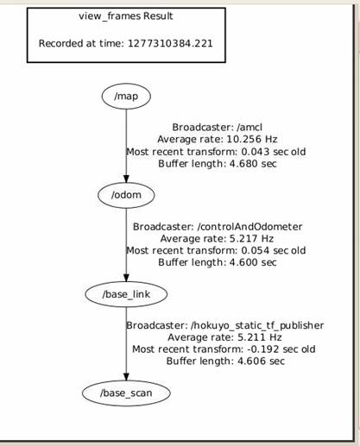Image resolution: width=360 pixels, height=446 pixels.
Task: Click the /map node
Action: (x=126, y=97)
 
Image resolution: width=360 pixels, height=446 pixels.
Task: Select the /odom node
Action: (x=126, y=195)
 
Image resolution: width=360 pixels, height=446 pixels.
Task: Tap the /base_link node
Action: (x=126, y=294)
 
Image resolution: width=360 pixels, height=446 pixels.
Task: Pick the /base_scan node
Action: (x=126, y=393)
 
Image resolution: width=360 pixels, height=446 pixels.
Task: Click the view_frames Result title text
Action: (x=126, y=16)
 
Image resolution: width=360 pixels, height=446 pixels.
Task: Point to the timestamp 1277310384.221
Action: (x=170, y=43)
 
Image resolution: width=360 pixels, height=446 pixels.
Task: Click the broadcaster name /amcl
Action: (x=244, y=127)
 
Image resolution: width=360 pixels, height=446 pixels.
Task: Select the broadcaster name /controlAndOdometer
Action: (x=249, y=227)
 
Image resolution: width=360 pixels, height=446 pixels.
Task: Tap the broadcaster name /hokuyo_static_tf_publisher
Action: (x=257, y=325)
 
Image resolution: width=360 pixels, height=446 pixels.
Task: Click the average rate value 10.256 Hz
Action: (x=252, y=139)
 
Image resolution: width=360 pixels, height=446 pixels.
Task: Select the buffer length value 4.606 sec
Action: (x=261, y=361)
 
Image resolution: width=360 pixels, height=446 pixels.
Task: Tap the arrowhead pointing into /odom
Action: (x=126, y=179)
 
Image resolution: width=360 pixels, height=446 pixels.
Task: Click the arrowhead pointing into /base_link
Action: (x=126, y=278)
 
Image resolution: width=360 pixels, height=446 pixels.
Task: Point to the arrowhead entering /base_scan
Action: (x=126, y=376)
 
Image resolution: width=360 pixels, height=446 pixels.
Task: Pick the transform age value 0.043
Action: (x=256, y=152)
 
